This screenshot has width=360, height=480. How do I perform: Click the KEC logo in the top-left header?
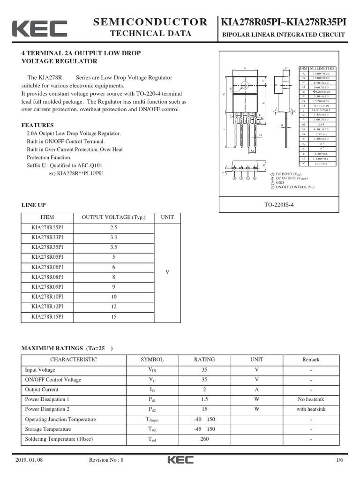click(39, 29)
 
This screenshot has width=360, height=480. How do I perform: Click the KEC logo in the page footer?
click(180, 460)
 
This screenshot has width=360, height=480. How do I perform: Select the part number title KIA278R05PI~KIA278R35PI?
click(284, 22)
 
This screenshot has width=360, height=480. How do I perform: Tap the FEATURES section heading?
click(37, 125)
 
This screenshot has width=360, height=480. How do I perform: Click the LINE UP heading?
click(34, 205)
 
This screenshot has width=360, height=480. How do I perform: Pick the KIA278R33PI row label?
click(47, 237)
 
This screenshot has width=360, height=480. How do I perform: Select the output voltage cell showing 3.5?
click(113, 247)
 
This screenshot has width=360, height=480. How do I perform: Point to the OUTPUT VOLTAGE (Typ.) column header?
click(113, 217)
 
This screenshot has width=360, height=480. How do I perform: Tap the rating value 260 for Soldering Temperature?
click(204, 439)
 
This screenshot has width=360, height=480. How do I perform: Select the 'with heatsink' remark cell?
click(311, 409)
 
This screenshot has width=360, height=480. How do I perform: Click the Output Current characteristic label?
click(42, 390)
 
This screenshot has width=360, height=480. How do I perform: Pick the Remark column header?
click(311, 360)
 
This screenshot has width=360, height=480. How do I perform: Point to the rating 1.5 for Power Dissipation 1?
click(204, 399)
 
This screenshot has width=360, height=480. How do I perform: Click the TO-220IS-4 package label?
click(282, 205)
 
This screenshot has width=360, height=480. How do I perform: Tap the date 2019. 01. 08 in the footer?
click(29, 460)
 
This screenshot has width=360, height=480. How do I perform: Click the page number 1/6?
click(339, 460)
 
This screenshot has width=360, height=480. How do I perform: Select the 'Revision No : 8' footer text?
click(106, 460)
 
